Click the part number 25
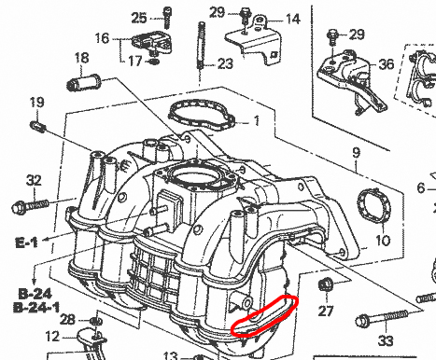[139, 18]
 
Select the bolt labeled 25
[167, 18]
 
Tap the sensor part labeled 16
[152, 42]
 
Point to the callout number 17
[135, 61]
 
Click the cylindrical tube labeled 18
[84, 82]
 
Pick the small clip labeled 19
[38, 127]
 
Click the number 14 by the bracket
[292, 19]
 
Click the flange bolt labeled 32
[30, 206]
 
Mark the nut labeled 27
[326, 285]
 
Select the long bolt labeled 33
[382, 318]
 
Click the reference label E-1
[26, 242]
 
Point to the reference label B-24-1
[36, 308]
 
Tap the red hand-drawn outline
[263, 315]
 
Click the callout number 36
[387, 64]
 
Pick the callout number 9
[357, 153]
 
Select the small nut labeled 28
[95, 321]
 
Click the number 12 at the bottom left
[52, 336]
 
